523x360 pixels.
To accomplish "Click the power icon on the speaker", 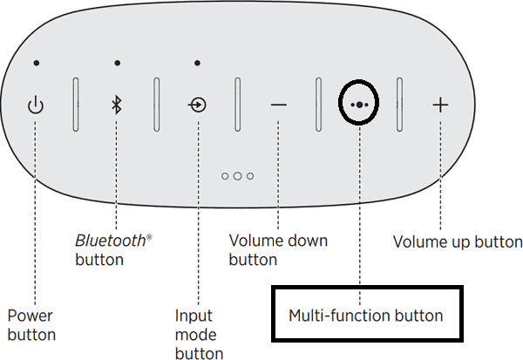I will [x=35, y=105].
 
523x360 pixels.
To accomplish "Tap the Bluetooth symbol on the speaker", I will [x=116, y=105].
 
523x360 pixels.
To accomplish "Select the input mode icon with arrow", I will [x=198, y=105].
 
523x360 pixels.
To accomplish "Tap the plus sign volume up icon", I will [x=440, y=105].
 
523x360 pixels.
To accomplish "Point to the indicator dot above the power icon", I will [x=35, y=63].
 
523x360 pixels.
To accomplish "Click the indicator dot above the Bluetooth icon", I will [x=116, y=63].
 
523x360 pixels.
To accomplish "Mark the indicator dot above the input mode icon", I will [x=198, y=63].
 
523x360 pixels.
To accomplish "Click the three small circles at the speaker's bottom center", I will [x=237, y=176].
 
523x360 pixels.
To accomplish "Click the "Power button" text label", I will [x=31, y=324].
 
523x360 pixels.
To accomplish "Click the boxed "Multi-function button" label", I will [x=366, y=316].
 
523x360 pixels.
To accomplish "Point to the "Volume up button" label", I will [x=458, y=241].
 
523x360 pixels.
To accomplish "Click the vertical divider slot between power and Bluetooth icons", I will [x=75, y=104].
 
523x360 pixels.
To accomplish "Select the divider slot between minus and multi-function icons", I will [x=319, y=104].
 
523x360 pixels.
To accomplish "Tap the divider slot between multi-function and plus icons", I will [x=399, y=104].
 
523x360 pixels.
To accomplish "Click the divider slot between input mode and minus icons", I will [x=237, y=104].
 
